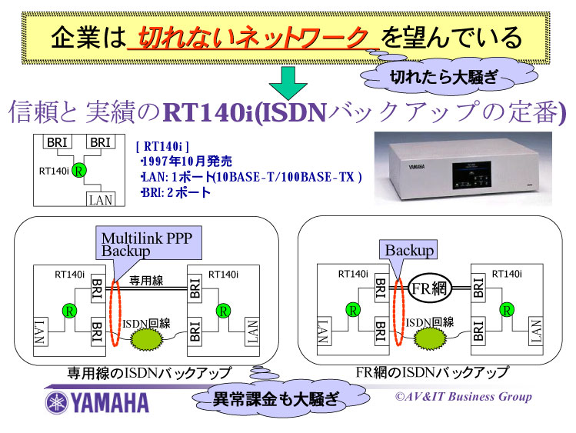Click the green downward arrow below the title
[x=288, y=80]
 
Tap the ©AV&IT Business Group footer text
[x=463, y=397]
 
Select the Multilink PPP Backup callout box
[x=147, y=245]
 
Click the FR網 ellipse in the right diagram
[x=428, y=288]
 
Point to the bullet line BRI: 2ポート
[x=175, y=192]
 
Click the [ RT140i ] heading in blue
[x=161, y=145]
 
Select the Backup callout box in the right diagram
[x=409, y=250]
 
